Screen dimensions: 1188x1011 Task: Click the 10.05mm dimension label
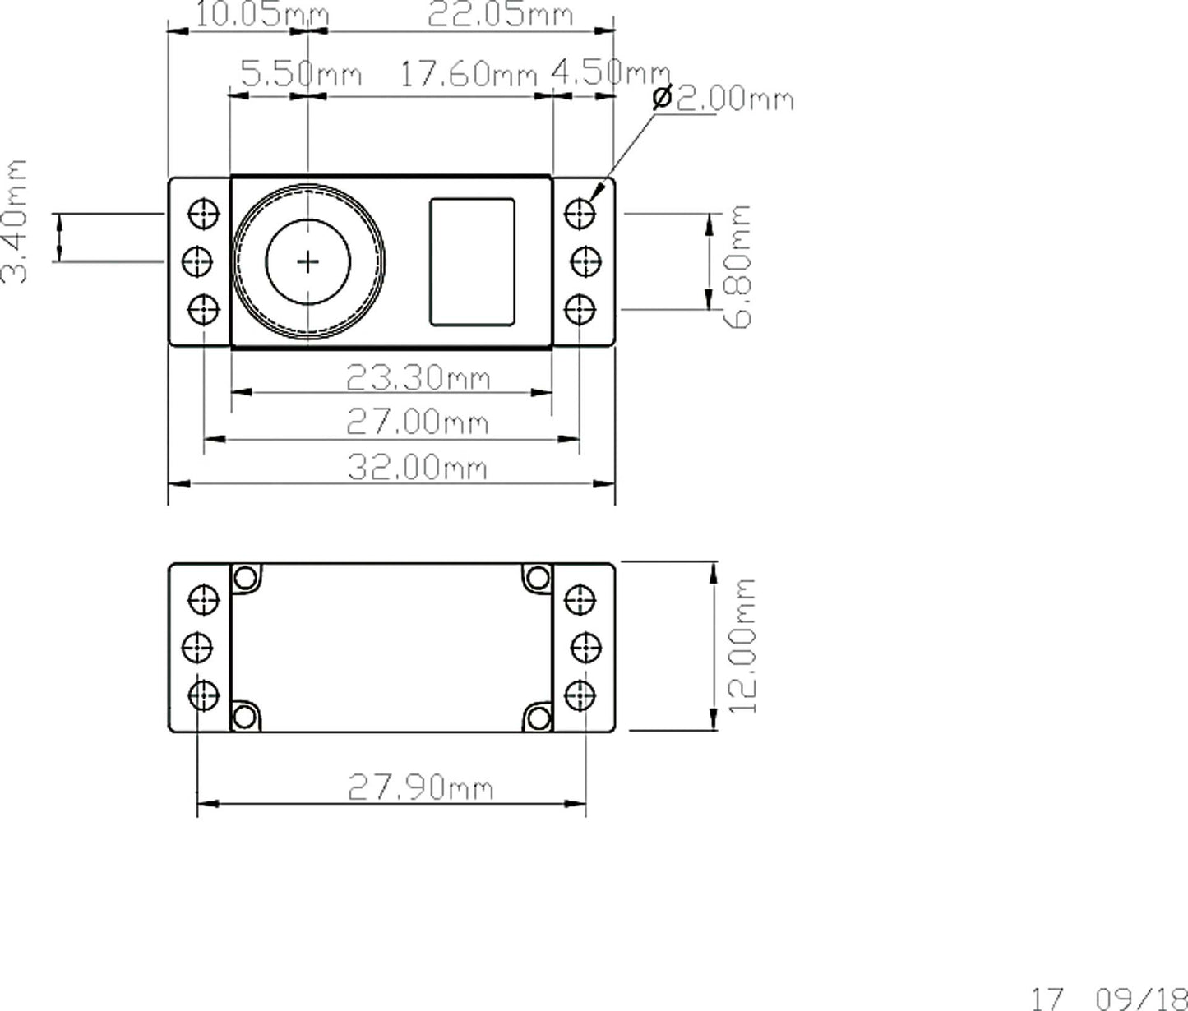(x=262, y=14)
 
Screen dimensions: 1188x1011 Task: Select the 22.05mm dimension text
(x=500, y=15)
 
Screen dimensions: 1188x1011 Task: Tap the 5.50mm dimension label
(x=301, y=74)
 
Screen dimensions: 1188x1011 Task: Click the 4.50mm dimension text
(x=611, y=72)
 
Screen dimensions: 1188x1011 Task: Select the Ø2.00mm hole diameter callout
(x=723, y=98)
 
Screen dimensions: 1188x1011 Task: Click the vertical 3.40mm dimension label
(x=14, y=221)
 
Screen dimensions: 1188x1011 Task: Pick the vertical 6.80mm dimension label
(x=738, y=266)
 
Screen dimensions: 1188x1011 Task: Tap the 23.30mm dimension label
(x=418, y=377)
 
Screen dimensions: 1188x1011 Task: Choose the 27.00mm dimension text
(x=418, y=422)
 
